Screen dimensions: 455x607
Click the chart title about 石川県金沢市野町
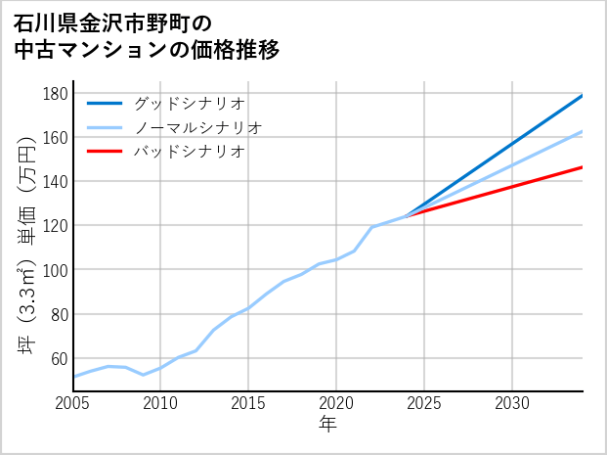click(x=147, y=36)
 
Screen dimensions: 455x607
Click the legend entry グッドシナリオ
click(x=190, y=103)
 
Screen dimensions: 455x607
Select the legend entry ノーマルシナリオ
click(x=198, y=127)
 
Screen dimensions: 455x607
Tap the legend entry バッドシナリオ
click(x=190, y=152)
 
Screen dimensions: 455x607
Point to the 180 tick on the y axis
click(x=56, y=94)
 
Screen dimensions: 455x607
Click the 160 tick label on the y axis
click(x=56, y=138)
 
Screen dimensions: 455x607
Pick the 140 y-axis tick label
click(x=56, y=182)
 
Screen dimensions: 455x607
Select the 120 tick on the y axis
click(x=56, y=226)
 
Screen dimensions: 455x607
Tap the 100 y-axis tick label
click(x=56, y=270)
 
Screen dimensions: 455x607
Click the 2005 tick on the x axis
click(x=73, y=403)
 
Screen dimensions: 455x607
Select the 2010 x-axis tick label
click(x=160, y=403)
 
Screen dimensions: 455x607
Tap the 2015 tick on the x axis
click(x=248, y=403)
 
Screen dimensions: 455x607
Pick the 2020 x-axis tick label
click(x=336, y=403)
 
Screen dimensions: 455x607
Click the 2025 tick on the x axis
click(x=424, y=403)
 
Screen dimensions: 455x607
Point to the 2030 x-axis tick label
click(x=512, y=403)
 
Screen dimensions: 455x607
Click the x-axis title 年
click(x=328, y=425)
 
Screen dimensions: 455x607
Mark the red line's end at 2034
click(x=583, y=167)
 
